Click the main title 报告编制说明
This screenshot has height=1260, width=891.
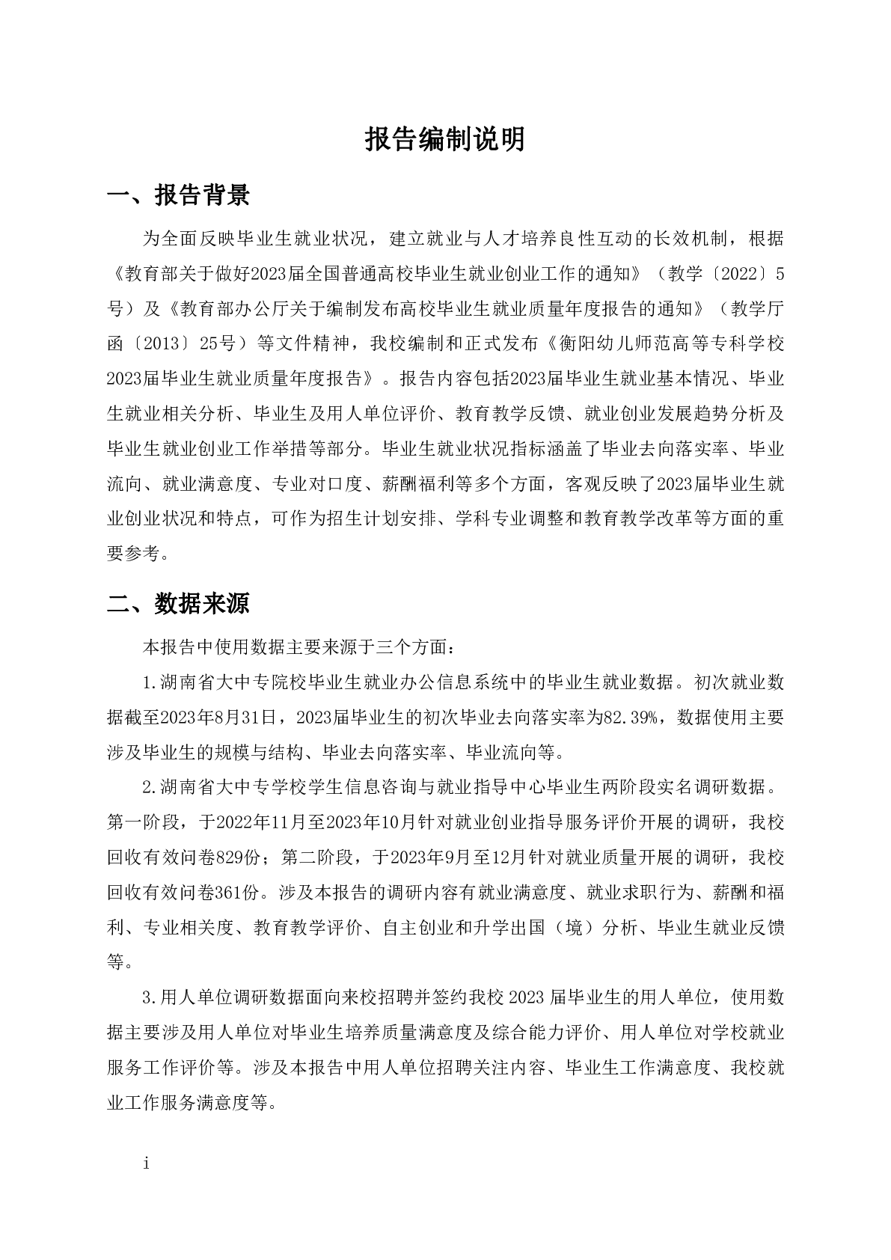click(x=445, y=140)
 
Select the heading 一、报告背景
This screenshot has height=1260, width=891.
click(x=179, y=195)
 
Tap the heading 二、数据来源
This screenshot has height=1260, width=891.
click(x=179, y=604)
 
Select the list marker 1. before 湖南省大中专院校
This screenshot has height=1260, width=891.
click(x=149, y=682)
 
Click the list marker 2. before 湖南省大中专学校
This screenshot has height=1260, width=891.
click(x=149, y=787)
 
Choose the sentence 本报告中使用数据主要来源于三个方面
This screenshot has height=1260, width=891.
click(x=296, y=645)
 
